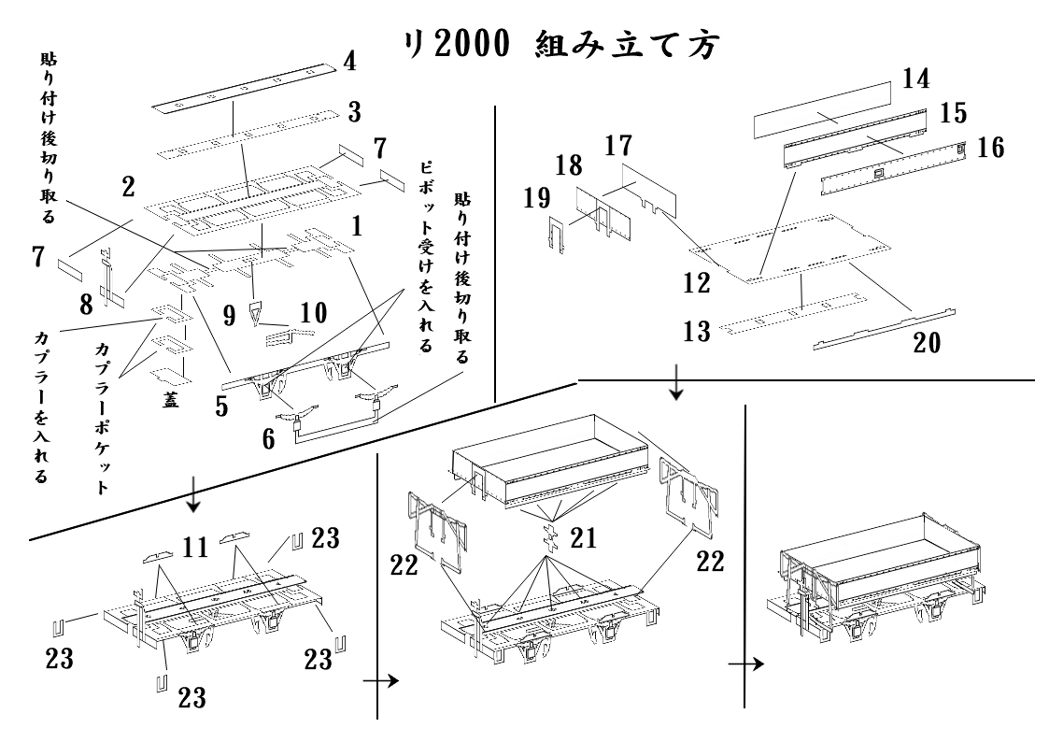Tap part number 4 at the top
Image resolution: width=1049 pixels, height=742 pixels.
tap(349, 63)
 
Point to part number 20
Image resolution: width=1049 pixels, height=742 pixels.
tap(927, 343)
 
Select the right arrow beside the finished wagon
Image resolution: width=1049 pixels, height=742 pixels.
tap(745, 664)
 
